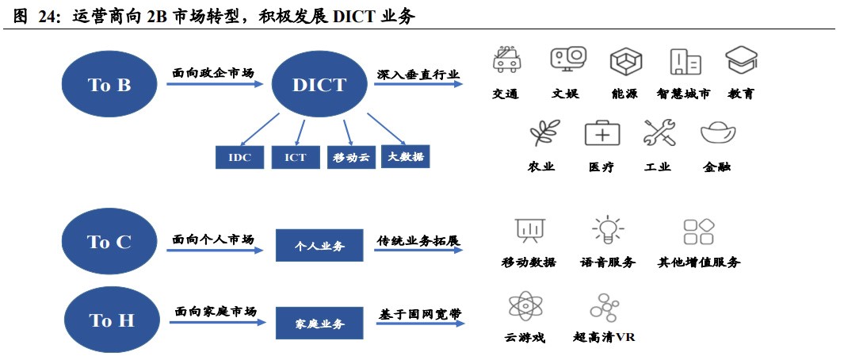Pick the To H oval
coord(111,320)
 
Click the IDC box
coord(239,157)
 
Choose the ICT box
coord(295,157)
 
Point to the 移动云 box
coord(351,157)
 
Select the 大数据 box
coord(407,156)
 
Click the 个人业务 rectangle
coord(319,246)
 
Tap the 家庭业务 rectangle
coord(319,324)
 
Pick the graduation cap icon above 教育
coord(742,60)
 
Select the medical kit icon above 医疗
coord(602,133)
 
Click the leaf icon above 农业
coord(544,132)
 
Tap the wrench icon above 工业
coord(659,132)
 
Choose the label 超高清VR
coord(604,338)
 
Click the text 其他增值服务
coord(699,262)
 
